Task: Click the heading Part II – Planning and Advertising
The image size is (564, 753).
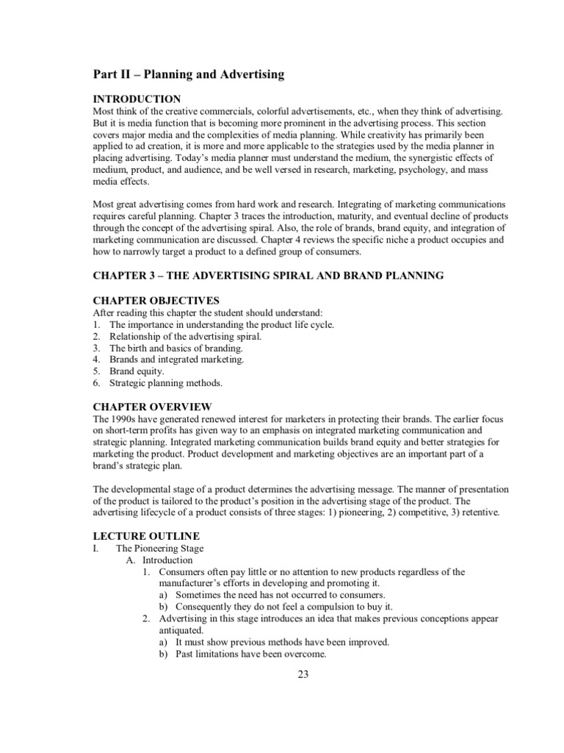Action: [189, 74]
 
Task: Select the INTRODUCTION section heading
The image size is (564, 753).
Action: [137, 99]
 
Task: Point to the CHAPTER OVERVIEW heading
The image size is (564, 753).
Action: [152, 407]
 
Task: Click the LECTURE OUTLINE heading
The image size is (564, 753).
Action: [145, 536]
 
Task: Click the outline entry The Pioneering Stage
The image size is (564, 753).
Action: [160, 549]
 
